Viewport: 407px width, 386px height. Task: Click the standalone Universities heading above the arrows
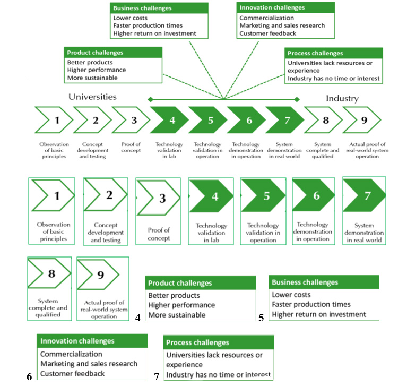[x=92, y=97]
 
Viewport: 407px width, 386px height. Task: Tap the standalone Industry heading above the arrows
[x=342, y=98]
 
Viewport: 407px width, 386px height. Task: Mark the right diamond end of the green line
[x=297, y=99]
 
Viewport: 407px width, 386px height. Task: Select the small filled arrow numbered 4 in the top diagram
[x=169, y=120]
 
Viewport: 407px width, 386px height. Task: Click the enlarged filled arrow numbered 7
[x=364, y=196]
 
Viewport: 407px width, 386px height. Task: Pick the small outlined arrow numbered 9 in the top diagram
[x=361, y=120]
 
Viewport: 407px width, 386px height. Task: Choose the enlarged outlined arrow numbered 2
[x=106, y=196]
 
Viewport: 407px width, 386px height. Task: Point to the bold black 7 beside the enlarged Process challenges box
[x=157, y=376]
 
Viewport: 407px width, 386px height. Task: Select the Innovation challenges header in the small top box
[x=272, y=8]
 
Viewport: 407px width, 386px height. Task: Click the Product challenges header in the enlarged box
[x=180, y=283]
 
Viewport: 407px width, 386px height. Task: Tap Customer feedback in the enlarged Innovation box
[x=73, y=373]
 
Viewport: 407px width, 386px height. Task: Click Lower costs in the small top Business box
[x=130, y=18]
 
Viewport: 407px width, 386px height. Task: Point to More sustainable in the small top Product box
[x=92, y=78]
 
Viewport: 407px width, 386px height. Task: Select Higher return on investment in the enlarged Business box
[x=319, y=314]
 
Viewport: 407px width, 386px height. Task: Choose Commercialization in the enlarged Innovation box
[x=72, y=354]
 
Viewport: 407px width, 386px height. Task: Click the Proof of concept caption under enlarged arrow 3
[x=159, y=234]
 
